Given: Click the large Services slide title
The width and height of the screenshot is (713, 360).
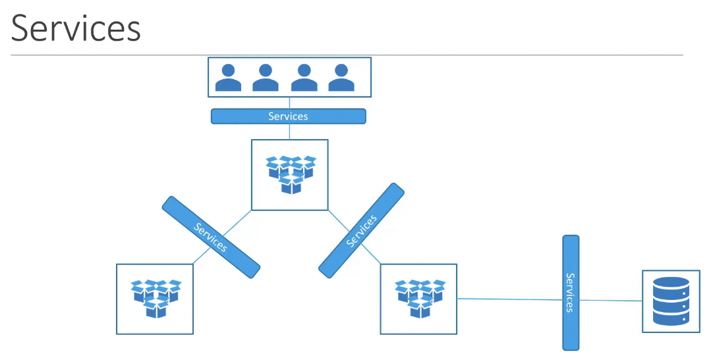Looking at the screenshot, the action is (x=76, y=28).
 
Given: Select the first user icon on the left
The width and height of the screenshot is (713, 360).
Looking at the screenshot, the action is (x=228, y=77).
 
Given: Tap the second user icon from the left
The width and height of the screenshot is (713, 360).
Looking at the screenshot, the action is (x=266, y=77).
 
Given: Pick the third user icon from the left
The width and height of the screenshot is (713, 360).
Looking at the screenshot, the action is (x=304, y=77).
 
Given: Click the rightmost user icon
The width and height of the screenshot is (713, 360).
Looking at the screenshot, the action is (x=341, y=77).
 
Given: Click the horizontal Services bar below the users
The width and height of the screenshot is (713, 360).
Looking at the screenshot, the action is (x=288, y=116).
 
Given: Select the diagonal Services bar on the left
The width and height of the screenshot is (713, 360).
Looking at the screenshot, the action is (x=211, y=237).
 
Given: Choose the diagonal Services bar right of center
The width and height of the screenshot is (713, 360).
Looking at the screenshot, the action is (x=361, y=230).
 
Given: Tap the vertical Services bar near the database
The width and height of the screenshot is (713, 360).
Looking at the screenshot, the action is (x=571, y=293).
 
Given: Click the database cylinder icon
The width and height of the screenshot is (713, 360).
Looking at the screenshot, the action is (x=671, y=301).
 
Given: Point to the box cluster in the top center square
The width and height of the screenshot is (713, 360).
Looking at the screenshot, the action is (x=291, y=175).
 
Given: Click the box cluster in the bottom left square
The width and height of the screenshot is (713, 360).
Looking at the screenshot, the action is (x=156, y=299).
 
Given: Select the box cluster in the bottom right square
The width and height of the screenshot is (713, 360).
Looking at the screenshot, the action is (x=420, y=299).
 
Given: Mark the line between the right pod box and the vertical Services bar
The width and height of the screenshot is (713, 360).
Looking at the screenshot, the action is (x=510, y=299).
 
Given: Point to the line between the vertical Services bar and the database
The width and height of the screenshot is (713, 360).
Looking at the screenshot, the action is (x=611, y=301).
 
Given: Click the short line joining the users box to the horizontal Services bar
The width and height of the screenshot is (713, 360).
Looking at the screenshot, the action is (x=290, y=103).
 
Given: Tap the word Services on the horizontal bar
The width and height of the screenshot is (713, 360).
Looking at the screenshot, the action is (x=288, y=116).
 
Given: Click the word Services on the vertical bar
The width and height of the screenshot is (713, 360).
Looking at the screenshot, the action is (x=571, y=293).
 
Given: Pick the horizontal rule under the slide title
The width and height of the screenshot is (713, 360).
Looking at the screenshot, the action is (x=347, y=55).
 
